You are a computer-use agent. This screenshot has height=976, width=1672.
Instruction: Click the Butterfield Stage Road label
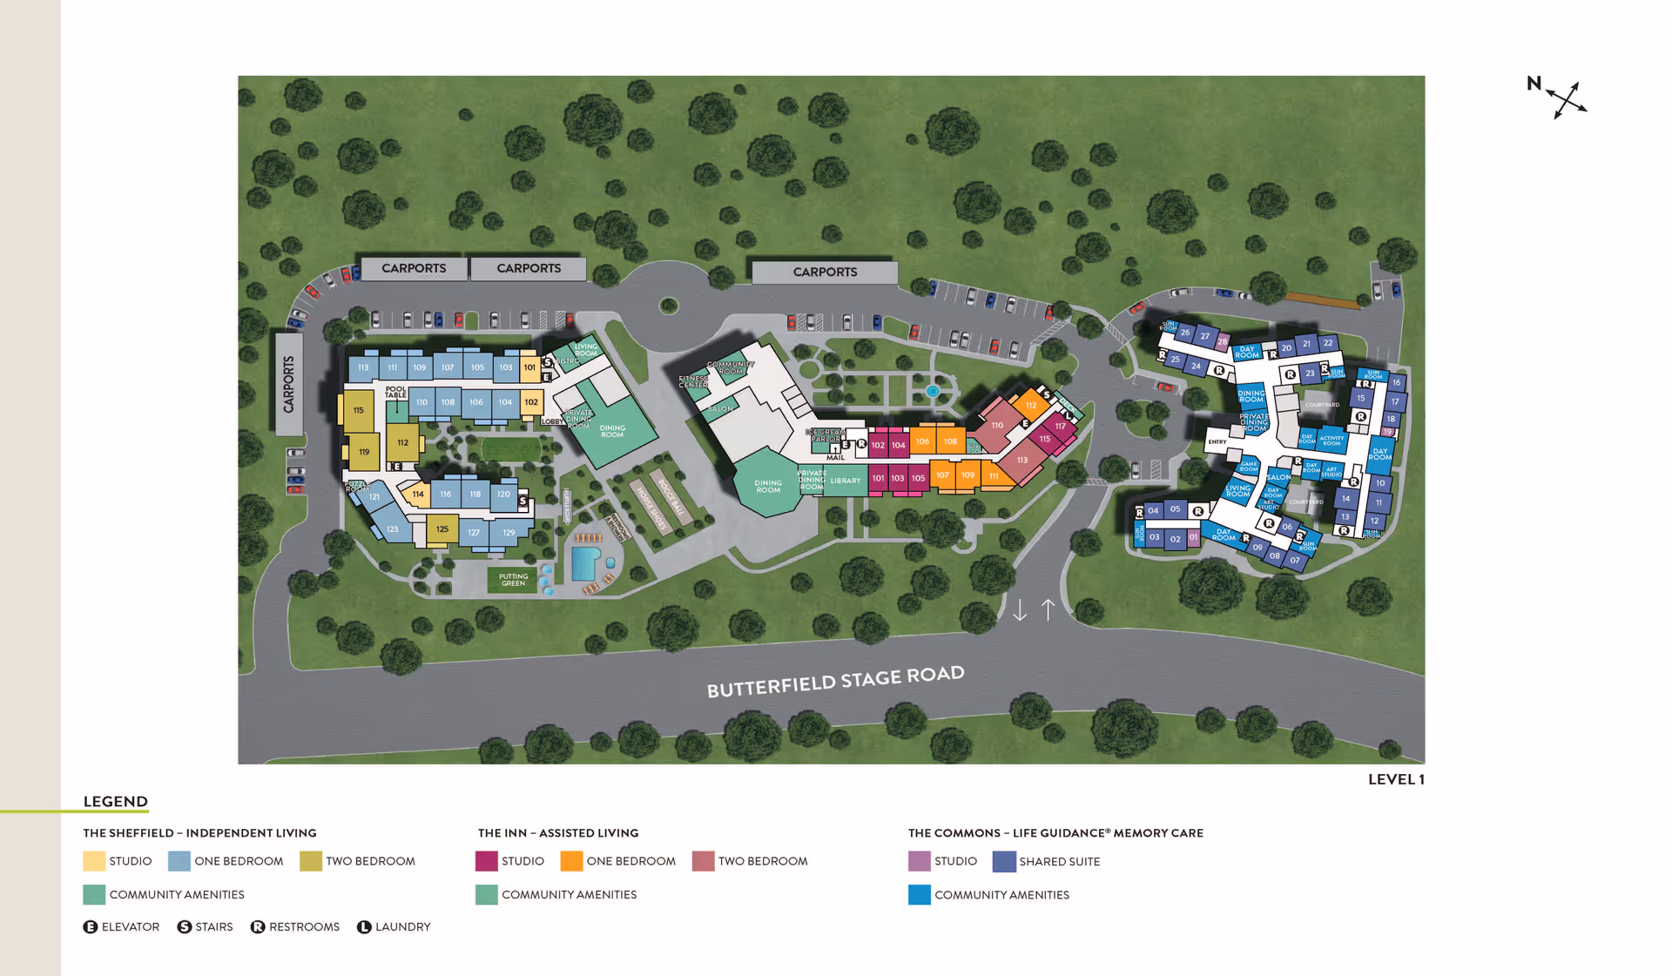coord(835,682)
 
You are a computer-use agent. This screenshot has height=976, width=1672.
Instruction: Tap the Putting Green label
coord(513,580)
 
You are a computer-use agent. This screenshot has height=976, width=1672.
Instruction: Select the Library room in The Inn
coord(845,481)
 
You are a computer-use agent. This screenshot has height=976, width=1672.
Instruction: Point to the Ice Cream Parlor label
coord(824,435)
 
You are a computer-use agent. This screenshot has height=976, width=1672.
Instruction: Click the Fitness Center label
coord(693,381)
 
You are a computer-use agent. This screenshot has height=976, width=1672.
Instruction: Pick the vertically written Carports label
coord(288,384)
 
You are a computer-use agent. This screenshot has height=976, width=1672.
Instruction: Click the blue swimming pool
coord(584,562)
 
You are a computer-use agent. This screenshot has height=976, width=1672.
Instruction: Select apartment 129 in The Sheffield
coord(509,533)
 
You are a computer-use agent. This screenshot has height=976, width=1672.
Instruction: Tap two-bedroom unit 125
coord(442,529)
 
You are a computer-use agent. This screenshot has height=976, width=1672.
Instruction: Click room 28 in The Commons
coord(1223,341)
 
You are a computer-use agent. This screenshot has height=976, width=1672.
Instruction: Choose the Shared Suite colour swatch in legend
coord(1004,862)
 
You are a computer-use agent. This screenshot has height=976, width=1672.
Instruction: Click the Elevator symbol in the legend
coord(91,927)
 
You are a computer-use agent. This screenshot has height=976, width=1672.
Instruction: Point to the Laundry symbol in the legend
coord(364,927)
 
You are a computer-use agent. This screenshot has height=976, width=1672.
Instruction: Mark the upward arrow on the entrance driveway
coord(1048,609)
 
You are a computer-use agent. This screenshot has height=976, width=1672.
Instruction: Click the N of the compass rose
coord(1534,84)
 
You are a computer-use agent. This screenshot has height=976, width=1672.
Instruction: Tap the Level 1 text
coord(1395,779)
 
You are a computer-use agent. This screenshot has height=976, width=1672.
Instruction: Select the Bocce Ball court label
coord(671,497)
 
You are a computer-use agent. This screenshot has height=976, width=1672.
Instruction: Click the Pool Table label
coord(395,393)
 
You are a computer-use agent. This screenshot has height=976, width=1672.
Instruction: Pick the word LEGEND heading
coord(116,802)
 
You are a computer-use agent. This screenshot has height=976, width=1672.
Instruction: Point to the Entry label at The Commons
coord(1217,442)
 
